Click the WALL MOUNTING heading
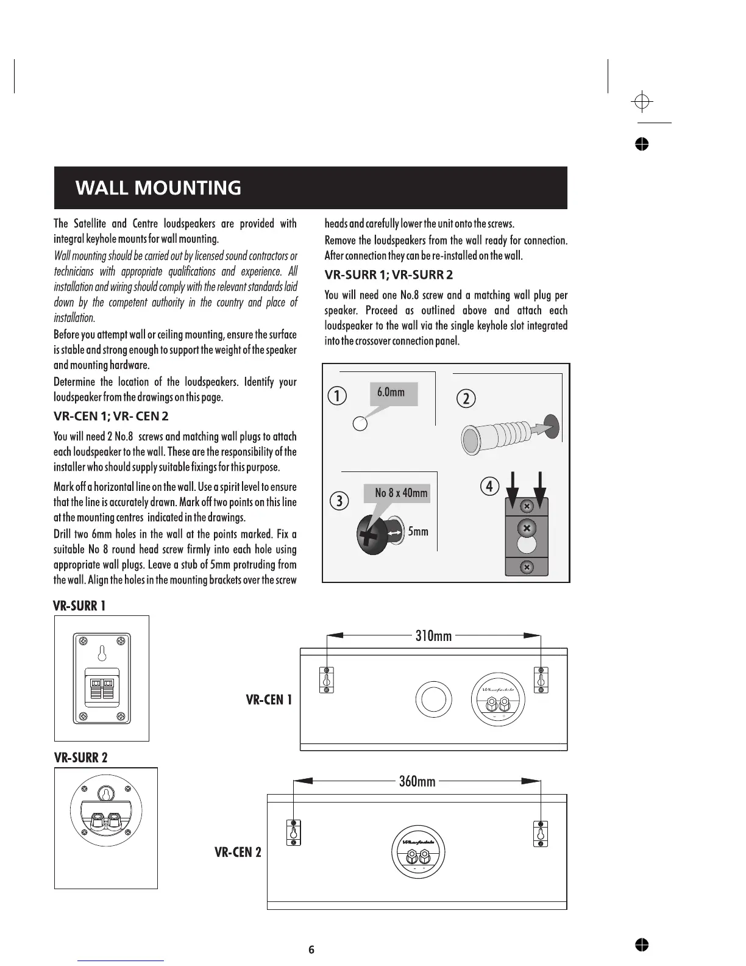pyautogui.click(x=158, y=188)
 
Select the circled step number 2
pyautogui.click(x=466, y=399)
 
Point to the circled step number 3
pyautogui.click(x=338, y=501)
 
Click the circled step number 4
pyautogui.click(x=489, y=487)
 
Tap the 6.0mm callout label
pyautogui.click(x=391, y=392)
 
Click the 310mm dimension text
pyautogui.click(x=433, y=636)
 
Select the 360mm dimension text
pyautogui.click(x=417, y=781)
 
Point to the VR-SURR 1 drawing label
pyautogui.click(x=79, y=606)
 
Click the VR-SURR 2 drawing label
pyautogui.click(x=80, y=758)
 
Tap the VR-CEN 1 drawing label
pyautogui.click(x=269, y=699)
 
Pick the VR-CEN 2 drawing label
pyautogui.click(x=238, y=852)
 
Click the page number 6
pyautogui.click(x=311, y=950)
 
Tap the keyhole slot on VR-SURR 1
pyautogui.click(x=102, y=653)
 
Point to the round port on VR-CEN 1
pyautogui.click(x=433, y=699)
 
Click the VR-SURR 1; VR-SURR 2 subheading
pyautogui.click(x=388, y=275)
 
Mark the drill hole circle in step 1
pyautogui.click(x=360, y=424)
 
